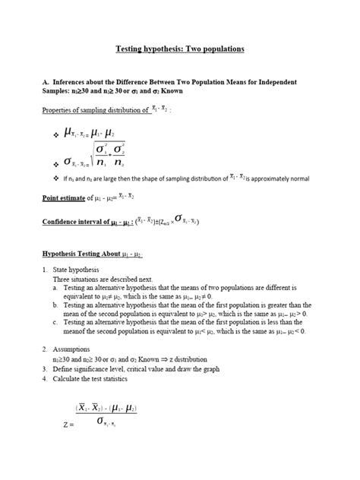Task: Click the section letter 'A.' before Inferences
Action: pos(44,81)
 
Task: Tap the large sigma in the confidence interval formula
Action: pos(178,219)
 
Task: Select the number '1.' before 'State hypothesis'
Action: pos(45,270)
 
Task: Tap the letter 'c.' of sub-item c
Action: pos(56,322)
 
